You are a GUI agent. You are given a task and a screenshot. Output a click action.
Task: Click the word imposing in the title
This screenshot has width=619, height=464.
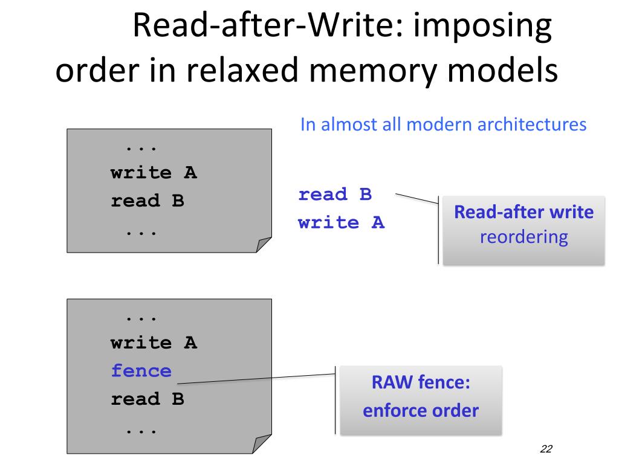(x=482, y=26)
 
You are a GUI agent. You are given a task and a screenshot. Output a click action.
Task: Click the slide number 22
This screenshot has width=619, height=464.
(x=546, y=449)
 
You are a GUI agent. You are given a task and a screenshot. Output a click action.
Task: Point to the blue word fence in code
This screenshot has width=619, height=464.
(x=141, y=371)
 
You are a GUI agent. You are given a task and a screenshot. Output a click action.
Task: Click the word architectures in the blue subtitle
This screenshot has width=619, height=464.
(x=532, y=124)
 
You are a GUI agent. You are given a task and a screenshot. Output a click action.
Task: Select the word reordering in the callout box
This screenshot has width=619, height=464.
(x=524, y=237)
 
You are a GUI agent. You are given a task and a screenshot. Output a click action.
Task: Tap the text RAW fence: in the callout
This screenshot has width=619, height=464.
(x=421, y=382)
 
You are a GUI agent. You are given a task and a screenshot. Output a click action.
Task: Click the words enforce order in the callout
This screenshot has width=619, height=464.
(x=421, y=410)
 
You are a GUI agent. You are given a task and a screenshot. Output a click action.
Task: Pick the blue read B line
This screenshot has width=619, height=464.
(x=335, y=194)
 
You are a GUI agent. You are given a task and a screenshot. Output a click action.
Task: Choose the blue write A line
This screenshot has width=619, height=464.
(x=342, y=222)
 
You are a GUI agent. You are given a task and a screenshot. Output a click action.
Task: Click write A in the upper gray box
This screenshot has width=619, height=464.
(x=154, y=172)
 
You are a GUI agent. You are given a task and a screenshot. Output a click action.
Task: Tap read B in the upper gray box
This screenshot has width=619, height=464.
(x=147, y=201)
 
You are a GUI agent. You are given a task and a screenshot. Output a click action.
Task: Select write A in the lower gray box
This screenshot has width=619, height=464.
(x=154, y=343)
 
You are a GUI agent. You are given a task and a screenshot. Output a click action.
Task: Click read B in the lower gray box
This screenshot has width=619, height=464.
(x=147, y=399)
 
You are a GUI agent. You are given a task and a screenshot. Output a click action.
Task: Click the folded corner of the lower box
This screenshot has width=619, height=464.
(x=261, y=443)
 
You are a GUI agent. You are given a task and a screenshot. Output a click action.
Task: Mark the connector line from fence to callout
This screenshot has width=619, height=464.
(x=256, y=379)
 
